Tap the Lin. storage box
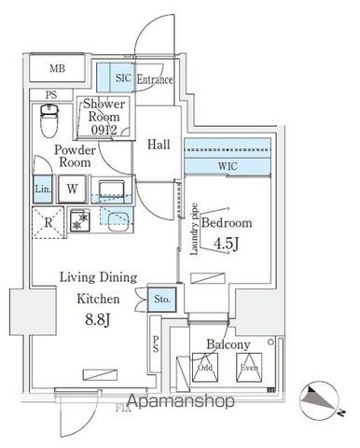(42, 187)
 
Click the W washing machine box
(71, 187)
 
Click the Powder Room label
(72, 155)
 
